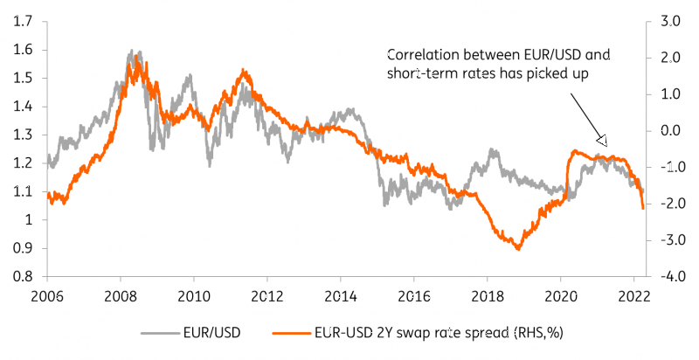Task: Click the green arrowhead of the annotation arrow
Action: click(x=601, y=139)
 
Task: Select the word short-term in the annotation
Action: click(x=419, y=74)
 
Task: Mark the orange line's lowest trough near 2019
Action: click(x=518, y=249)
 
